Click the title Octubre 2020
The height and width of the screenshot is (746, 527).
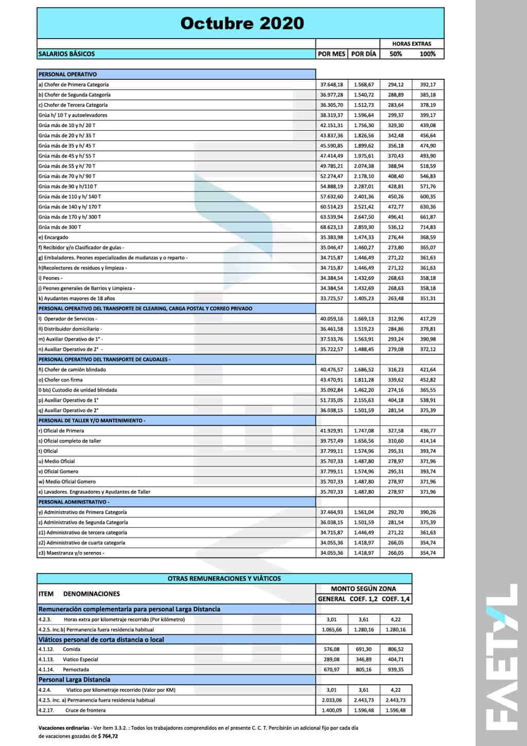click(x=242, y=23)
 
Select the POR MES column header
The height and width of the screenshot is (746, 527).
click(x=331, y=54)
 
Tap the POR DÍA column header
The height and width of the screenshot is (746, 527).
click(x=363, y=54)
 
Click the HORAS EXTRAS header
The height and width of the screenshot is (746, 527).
click(x=411, y=44)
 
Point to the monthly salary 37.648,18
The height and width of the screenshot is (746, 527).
click(x=331, y=84)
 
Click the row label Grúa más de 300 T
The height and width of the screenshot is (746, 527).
click(x=60, y=227)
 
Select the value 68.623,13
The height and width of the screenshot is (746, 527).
click(x=331, y=227)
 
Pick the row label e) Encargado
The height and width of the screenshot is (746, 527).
click(x=53, y=237)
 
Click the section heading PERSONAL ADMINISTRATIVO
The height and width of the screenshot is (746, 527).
click(x=74, y=502)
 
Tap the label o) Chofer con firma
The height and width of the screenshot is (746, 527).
click(x=60, y=380)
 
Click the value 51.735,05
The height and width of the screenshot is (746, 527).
click(x=331, y=400)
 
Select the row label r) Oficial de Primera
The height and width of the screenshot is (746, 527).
click(x=61, y=431)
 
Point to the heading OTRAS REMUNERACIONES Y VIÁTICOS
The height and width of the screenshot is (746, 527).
click(x=224, y=579)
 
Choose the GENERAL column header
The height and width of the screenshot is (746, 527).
click(x=331, y=599)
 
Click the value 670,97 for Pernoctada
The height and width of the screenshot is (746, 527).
click(x=331, y=670)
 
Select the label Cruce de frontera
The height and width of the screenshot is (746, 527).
click(x=85, y=710)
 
